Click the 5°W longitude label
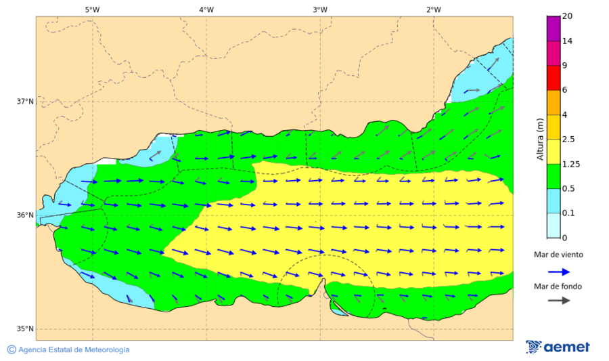point(92,9)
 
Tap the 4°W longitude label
point(206,9)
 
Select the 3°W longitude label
point(320,9)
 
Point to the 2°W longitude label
point(434,9)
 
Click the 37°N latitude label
point(25,102)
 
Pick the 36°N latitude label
point(25,215)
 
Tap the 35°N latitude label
point(25,329)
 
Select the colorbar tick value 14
point(567,41)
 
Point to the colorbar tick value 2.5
point(568,140)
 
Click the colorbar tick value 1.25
point(570,164)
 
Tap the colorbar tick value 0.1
point(568,213)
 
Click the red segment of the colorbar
point(554,78)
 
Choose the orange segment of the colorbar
point(554,102)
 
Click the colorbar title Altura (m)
point(540,140)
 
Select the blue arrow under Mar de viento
point(558,271)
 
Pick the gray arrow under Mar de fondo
point(558,301)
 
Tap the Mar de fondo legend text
point(558,286)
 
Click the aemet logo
point(558,347)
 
